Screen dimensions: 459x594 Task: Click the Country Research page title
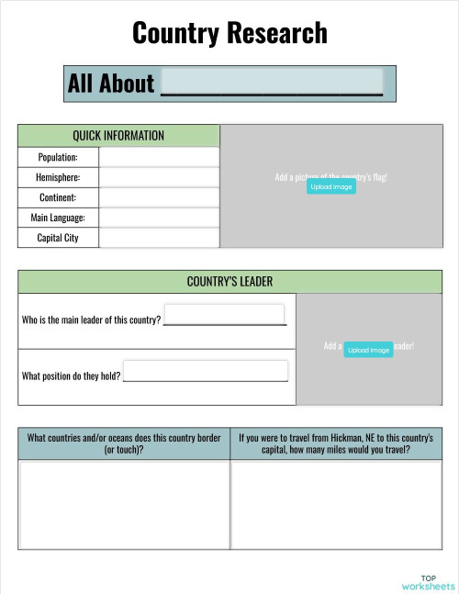pos(229,34)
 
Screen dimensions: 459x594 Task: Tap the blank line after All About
pos(272,82)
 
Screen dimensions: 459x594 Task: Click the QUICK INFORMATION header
pos(118,136)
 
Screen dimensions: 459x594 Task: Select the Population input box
pos(159,157)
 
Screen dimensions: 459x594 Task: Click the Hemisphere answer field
pos(159,177)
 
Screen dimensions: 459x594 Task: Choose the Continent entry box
pos(159,197)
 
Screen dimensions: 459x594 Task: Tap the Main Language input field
pos(159,218)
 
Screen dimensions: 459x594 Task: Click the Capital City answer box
pos(159,238)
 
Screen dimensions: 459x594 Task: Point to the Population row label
pos(57,157)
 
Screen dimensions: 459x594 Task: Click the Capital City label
pos(57,238)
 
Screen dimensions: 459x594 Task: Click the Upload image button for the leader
pos(368,350)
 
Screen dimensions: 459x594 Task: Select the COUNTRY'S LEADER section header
pos(229,281)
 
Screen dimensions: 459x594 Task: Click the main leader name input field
pos(224,314)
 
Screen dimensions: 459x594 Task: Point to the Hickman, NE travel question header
pos(335,444)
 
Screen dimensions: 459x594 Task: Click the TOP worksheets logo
pos(428,582)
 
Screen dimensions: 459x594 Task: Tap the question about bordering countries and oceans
pos(123,444)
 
